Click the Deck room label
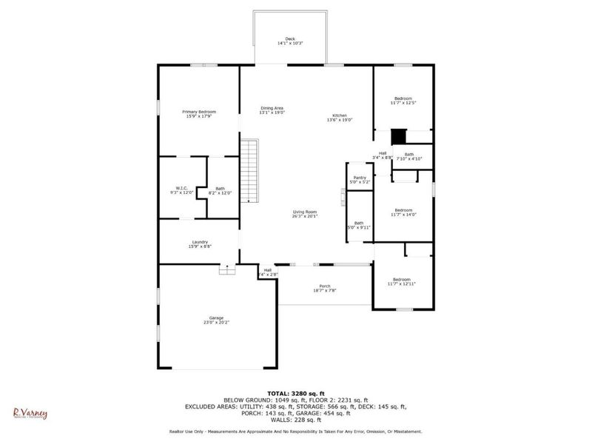(x=290, y=38)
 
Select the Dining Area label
(x=272, y=109)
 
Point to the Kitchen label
(x=340, y=116)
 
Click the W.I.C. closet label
(x=181, y=188)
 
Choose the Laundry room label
(x=199, y=241)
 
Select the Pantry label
(x=360, y=178)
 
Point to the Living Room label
(x=304, y=212)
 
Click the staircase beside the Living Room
(x=252, y=171)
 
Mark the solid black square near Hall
(x=399, y=137)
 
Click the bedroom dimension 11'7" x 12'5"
(x=403, y=103)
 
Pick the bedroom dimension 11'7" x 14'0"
(x=403, y=215)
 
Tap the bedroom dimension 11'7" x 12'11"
(x=402, y=283)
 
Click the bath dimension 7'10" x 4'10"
(x=409, y=158)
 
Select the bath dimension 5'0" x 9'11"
(x=359, y=227)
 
